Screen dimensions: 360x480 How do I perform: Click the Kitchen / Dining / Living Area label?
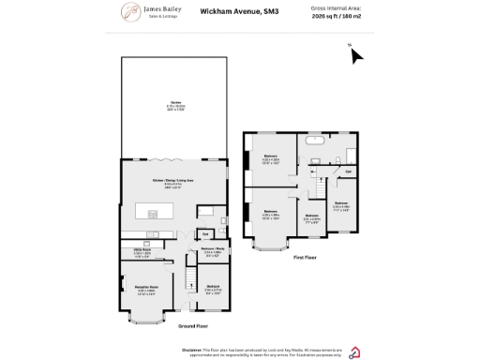pos(173,180)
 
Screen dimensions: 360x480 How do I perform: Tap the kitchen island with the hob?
pos(154,213)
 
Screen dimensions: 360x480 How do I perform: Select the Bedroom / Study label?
pos(212,250)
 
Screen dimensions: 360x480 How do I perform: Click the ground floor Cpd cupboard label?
pos(204,233)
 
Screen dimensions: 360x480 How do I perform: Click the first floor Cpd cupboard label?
pos(348,172)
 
